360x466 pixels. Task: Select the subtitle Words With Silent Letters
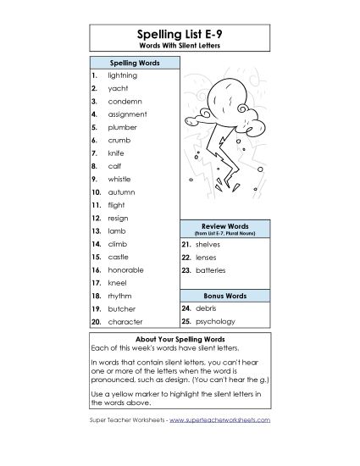point(180,45)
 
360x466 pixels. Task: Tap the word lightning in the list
point(123,75)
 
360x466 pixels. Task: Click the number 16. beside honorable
point(96,269)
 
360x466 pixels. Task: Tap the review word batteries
point(210,269)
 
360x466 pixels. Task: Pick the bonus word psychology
point(215,322)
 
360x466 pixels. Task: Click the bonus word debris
point(206,308)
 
